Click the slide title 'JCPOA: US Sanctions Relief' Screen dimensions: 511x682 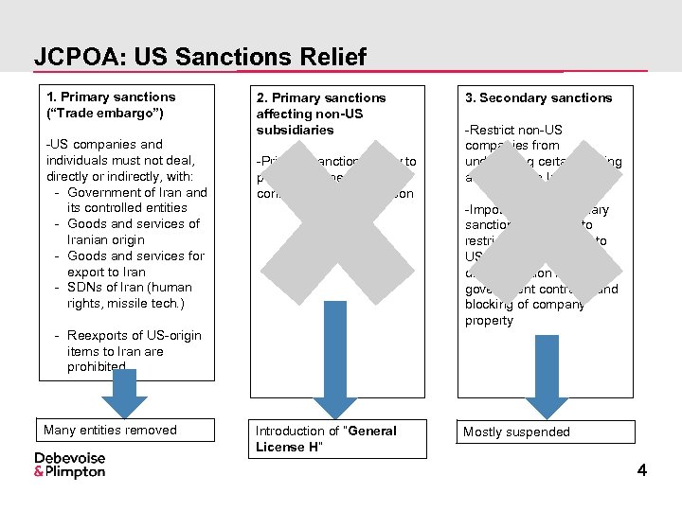[x=200, y=57]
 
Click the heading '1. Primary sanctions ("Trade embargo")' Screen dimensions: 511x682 [x=112, y=104]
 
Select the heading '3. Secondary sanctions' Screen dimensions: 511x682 [x=538, y=97]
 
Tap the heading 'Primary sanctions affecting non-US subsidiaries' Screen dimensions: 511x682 [x=321, y=114]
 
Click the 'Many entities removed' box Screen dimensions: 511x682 [x=111, y=430]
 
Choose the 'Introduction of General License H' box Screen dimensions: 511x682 [x=326, y=438]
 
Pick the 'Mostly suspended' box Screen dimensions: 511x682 [x=516, y=432]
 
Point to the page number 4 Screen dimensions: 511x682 [x=642, y=469]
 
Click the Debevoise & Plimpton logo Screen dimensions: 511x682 [x=70, y=465]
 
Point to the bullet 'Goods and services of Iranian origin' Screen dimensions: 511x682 [x=134, y=232]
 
